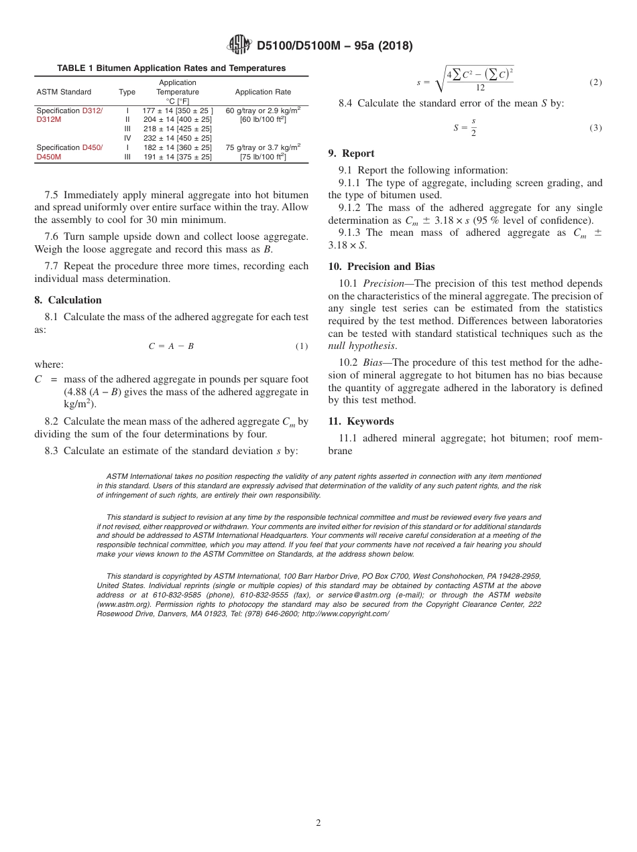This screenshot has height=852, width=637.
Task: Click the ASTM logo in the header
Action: point(239,45)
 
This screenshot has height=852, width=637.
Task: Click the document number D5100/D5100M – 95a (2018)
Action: point(335,46)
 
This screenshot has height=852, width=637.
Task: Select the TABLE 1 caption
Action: point(171,68)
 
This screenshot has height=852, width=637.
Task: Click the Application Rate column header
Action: point(263,92)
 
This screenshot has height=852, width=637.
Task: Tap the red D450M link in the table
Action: point(48,157)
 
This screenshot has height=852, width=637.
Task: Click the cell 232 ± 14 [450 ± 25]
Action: point(177,138)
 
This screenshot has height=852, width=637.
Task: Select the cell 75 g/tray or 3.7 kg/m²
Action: point(263,147)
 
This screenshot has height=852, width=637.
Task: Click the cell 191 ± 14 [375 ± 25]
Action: point(177,157)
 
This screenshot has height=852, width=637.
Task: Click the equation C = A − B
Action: point(171,346)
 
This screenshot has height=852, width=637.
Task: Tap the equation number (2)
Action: point(595,82)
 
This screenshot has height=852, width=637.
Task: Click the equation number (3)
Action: point(595,128)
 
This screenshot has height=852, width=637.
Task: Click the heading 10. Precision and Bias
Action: point(381,267)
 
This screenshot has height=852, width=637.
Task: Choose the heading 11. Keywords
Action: point(361,421)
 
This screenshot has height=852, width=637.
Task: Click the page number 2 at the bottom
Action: point(318,823)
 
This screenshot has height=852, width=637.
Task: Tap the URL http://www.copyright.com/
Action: point(345,614)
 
